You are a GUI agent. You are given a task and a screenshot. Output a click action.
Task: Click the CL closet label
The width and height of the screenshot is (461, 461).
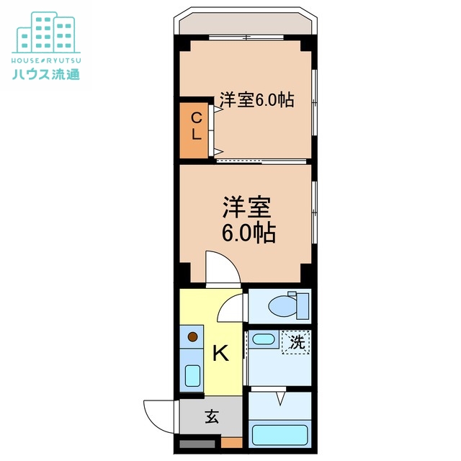[195, 127]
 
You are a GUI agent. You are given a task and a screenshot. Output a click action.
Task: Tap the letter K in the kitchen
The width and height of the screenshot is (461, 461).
[220, 353]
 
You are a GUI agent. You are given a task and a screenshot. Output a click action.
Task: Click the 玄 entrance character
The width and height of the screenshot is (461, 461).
[212, 416]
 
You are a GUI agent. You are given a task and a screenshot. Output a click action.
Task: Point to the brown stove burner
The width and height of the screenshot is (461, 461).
[192, 336]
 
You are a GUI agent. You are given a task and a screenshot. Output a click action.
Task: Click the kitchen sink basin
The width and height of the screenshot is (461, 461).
[192, 375]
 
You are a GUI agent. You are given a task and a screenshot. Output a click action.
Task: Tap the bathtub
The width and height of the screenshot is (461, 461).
[279, 435]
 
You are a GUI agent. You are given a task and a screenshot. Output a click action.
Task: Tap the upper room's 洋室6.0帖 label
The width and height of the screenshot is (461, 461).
[256, 100]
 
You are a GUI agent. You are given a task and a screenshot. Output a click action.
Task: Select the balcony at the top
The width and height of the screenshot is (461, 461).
[245, 23]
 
